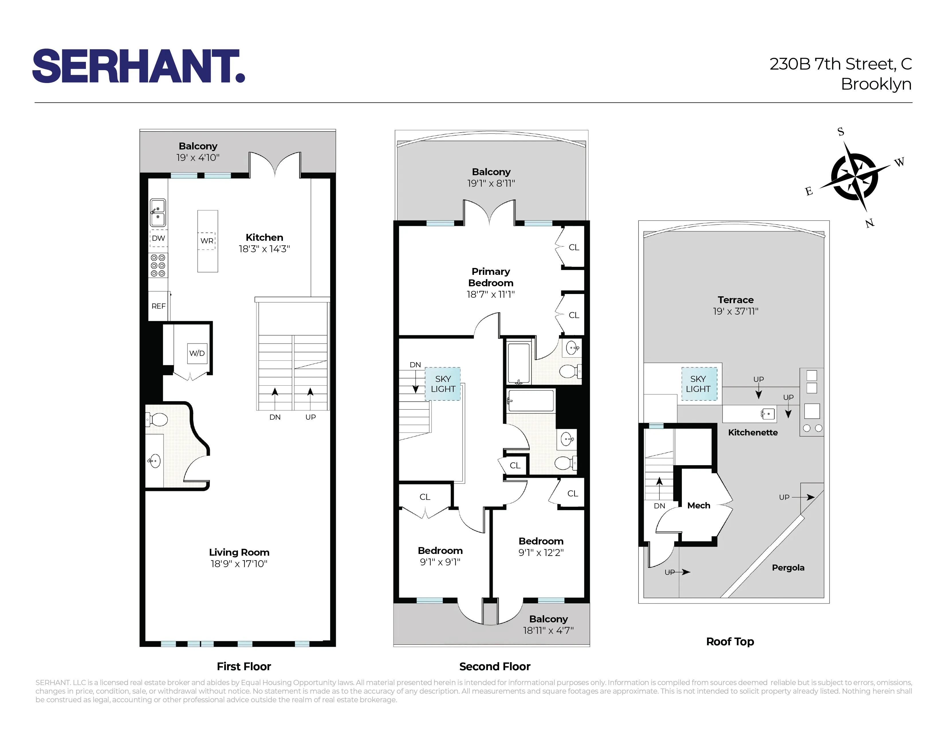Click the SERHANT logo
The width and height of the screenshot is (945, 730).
point(139,66)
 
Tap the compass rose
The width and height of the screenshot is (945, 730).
point(854,177)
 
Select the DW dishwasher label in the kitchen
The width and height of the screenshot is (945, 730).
point(158,238)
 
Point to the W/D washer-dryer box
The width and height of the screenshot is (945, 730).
point(197,353)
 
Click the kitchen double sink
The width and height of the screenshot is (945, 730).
point(157,212)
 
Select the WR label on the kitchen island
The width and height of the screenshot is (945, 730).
point(207,241)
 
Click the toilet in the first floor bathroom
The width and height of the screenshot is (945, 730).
point(157,419)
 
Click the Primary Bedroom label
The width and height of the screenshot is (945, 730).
point(491,277)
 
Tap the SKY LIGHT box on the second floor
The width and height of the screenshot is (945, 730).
point(443,384)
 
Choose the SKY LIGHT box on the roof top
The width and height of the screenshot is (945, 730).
point(698,384)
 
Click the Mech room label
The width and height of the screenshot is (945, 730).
point(698,506)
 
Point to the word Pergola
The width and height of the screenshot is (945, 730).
point(788,568)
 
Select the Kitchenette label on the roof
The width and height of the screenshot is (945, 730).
point(753,433)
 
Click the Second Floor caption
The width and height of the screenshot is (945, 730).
point(495,666)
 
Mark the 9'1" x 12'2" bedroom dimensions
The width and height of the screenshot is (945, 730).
point(541,553)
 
